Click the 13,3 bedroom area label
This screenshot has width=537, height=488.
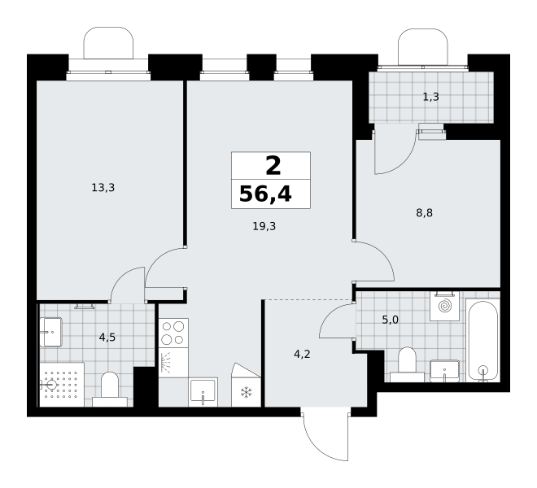[x=103, y=188]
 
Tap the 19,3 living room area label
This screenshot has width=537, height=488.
[x=264, y=226]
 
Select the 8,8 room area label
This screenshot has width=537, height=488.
[x=425, y=213]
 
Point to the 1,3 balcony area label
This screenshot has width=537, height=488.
[x=431, y=97]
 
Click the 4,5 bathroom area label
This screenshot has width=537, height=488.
[x=107, y=338]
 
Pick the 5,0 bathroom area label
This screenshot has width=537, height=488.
[x=390, y=320]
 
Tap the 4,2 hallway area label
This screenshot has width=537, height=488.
[x=302, y=354]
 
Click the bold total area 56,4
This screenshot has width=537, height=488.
[x=265, y=194]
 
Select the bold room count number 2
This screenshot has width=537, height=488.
[x=273, y=166]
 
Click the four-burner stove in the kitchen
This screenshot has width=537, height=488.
[x=173, y=333]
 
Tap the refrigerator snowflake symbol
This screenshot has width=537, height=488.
[x=247, y=393]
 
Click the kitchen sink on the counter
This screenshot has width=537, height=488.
[x=203, y=392]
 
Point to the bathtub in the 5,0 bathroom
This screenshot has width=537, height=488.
[x=482, y=341]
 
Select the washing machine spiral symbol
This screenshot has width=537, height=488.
[x=445, y=306]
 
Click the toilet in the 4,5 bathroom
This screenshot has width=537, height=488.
[x=110, y=390]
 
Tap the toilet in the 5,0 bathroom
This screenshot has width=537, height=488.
[x=407, y=364]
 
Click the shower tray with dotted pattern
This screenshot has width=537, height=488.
[x=62, y=385]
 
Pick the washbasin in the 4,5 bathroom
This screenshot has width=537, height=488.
[x=50, y=332]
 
